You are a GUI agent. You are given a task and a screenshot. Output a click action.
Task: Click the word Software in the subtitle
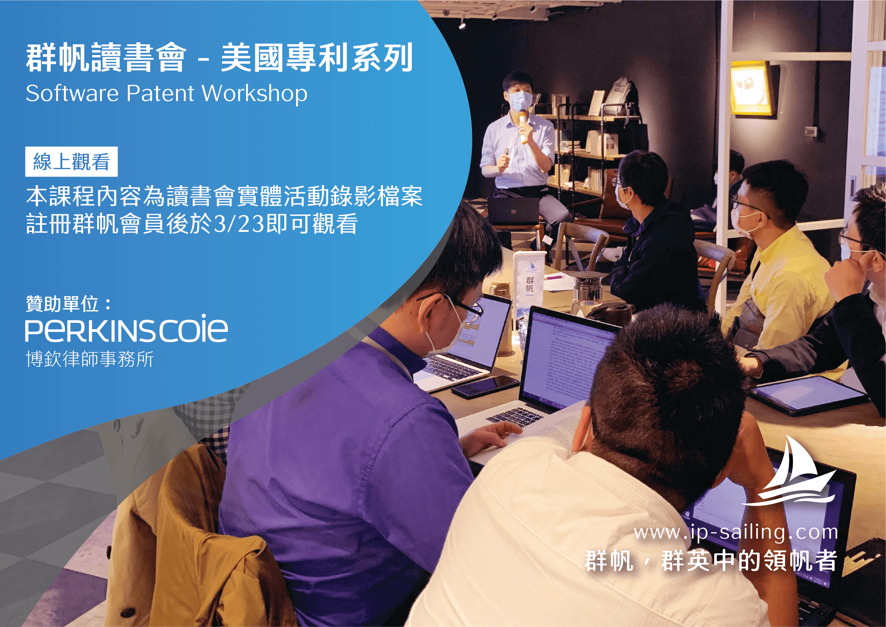pyautogui.click(x=72, y=94)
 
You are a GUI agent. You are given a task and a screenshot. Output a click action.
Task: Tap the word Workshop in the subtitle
pyautogui.click(x=255, y=94)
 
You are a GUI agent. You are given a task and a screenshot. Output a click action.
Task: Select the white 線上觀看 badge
pyautogui.click(x=71, y=161)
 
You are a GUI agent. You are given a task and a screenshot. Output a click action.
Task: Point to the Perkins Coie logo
pyautogui.click(x=126, y=329)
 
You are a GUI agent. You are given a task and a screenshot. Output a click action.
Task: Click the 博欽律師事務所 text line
pyautogui.click(x=90, y=359)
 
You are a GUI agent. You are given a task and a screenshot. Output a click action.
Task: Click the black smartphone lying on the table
pyautogui.click(x=485, y=387)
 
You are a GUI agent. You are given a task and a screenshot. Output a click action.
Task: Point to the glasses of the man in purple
pyautogui.click(x=467, y=309)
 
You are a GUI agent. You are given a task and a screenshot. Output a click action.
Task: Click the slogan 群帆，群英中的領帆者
pyautogui.click(x=710, y=561)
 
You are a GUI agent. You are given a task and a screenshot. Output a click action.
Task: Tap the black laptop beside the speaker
pyautogui.click(x=513, y=211)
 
